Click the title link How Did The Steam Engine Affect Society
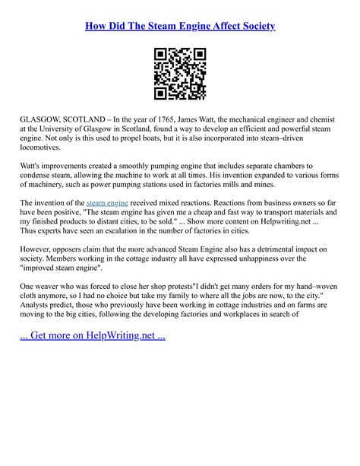180,26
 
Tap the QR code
180,74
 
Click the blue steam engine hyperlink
108,203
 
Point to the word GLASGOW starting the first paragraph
43,120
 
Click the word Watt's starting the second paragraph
33,165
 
